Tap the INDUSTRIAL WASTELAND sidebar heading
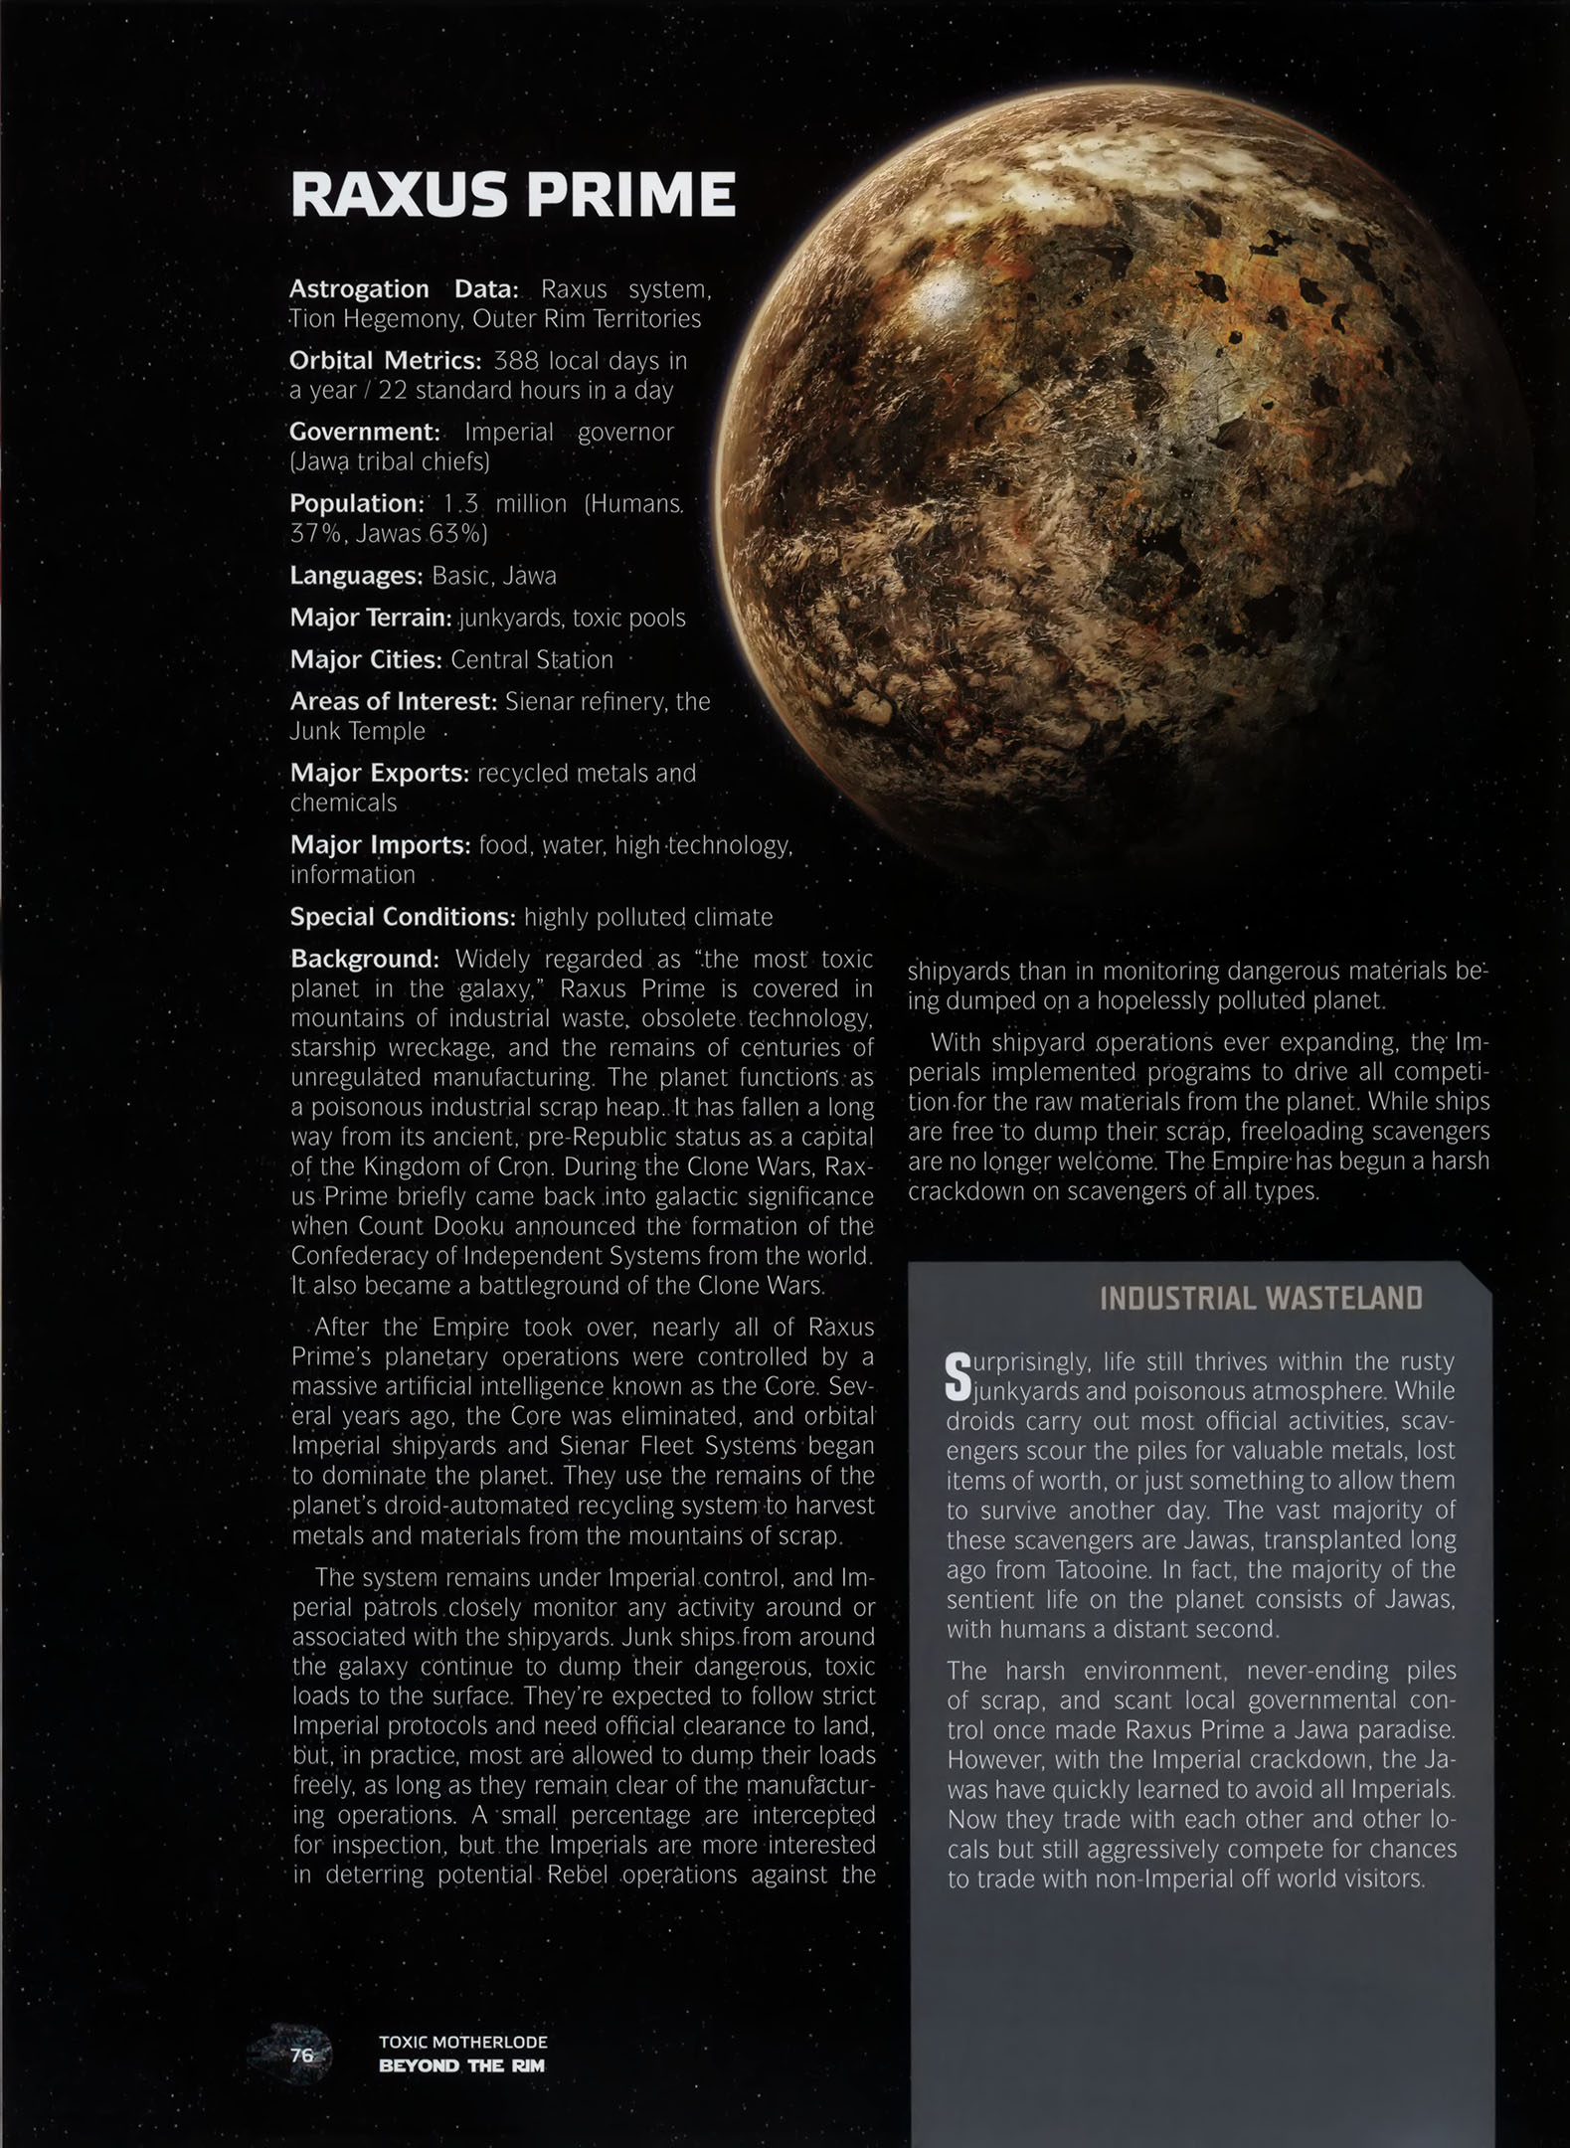[x=1261, y=1298]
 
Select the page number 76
[x=301, y=2055]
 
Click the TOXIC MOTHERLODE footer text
[x=462, y=2042]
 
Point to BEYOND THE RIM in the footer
[x=461, y=2065]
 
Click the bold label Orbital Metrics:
[x=385, y=360]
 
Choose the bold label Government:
[x=364, y=432]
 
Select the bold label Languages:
[x=356, y=576]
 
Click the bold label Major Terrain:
[x=370, y=618]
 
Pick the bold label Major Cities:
[x=365, y=659]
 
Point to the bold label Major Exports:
[x=379, y=773]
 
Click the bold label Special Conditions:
[x=403, y=917]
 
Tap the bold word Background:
[x=364, y=959]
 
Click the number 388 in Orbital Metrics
[x=516, y=360]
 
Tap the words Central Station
[x=532, y=659]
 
